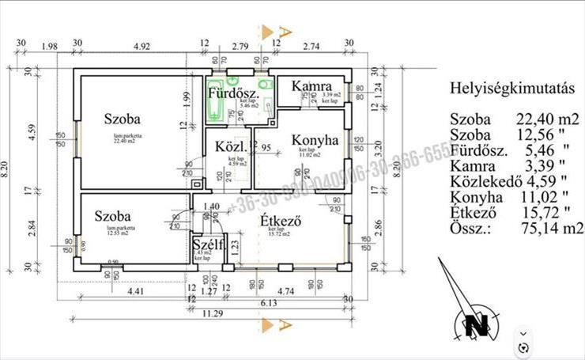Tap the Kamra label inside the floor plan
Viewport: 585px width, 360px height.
pos(310,85)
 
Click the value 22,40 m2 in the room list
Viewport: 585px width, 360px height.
pos(547,119)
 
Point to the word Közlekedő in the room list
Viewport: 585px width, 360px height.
pos(482,181)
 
